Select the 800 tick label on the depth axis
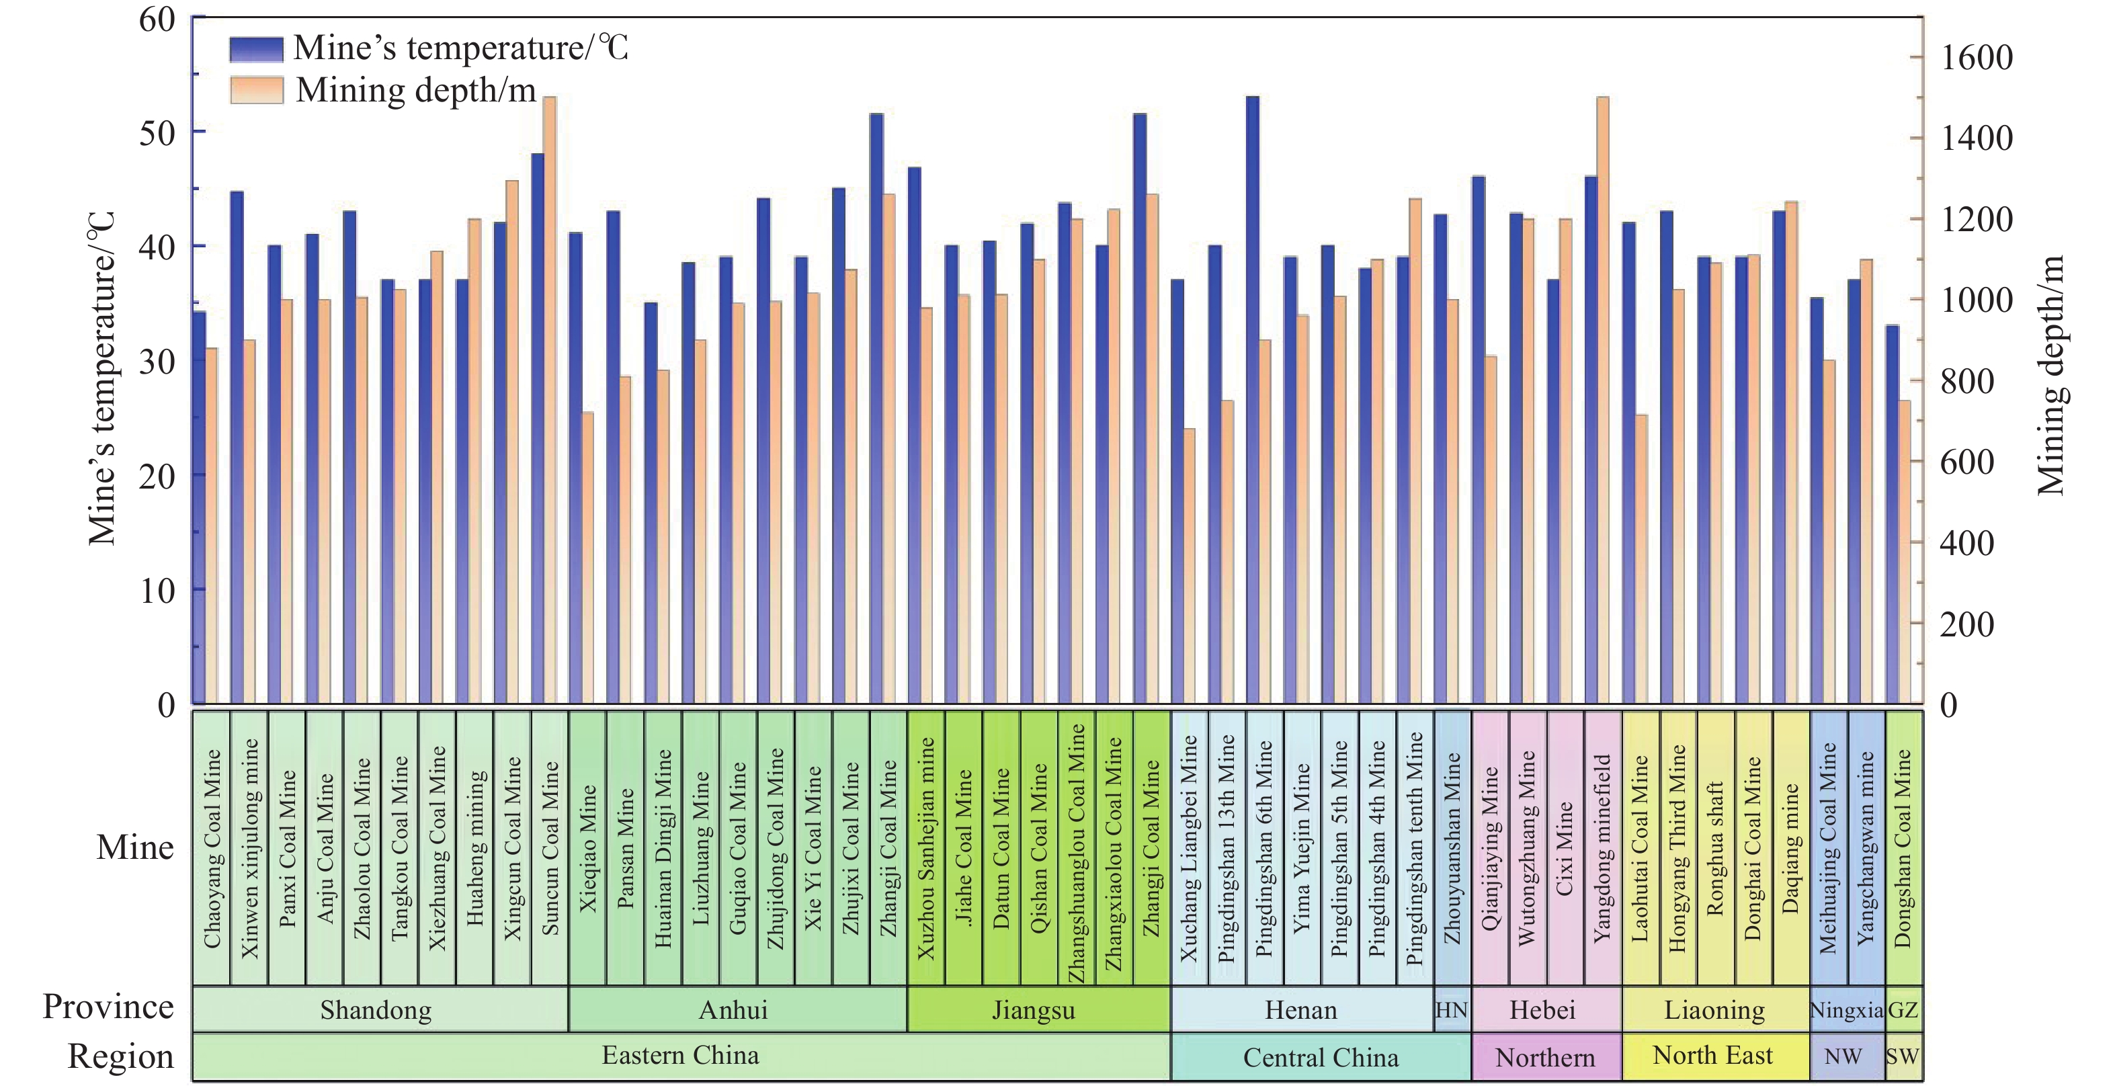pos(1966,381)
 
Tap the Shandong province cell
pos(376,1010)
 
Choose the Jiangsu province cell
pos(1034,1010)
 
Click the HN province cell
pos(1452,1010)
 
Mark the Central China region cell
pos(1320,1058)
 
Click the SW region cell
pos(1903,1058)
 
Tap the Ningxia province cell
pos(1845,1010)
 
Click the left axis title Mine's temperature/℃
pos(102,378)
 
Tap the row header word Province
pos(108,1007)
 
